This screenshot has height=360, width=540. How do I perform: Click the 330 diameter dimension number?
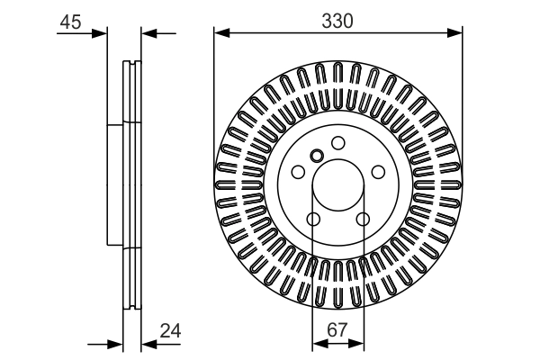pos(337,19)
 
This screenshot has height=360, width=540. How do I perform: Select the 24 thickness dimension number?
pos(170,330)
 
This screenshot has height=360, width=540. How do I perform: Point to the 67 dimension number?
pos(337,330)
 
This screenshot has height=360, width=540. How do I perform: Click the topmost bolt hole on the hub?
pos(338,142)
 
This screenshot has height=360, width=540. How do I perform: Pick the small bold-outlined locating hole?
pos(316,156)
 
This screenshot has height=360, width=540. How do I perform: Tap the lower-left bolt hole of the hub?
pos(312,220)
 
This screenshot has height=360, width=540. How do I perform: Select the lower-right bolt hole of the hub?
pos(364,220)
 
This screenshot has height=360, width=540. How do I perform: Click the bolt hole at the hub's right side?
pos(379,171)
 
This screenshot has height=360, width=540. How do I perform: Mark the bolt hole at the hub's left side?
pos(298,171)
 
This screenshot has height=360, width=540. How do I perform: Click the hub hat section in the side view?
pos(114,184)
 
